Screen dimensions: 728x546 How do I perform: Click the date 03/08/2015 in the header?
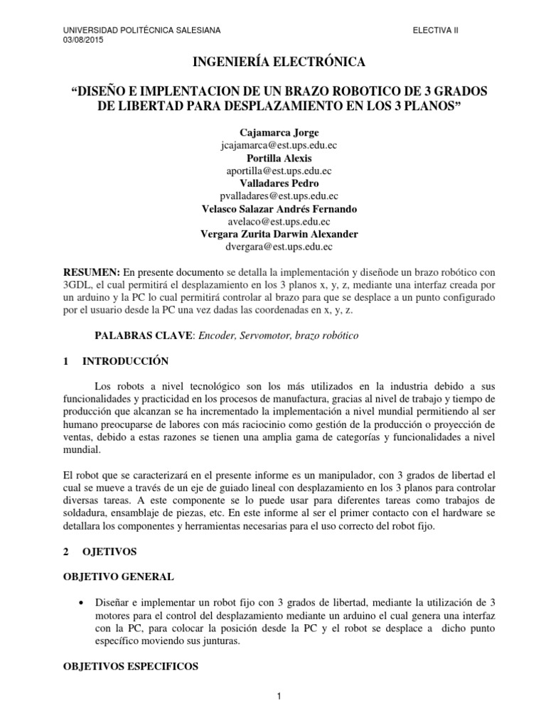(83, 40)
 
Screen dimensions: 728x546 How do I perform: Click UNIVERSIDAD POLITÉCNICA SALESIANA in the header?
(142, 30)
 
